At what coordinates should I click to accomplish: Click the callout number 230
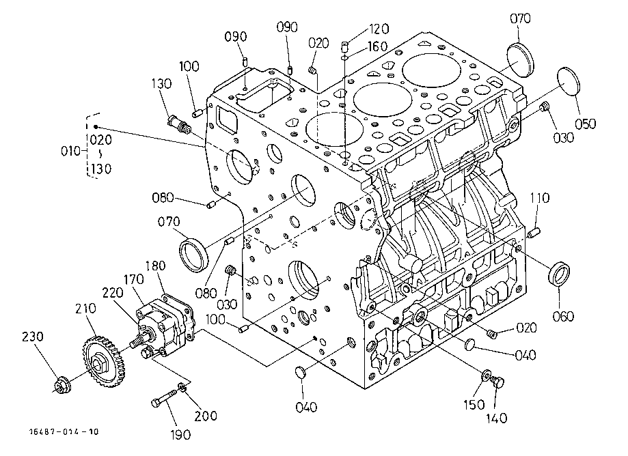pyautogui.click(x=32, y=337)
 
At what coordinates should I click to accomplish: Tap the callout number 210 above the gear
pyautogui.click(x=85, y=309)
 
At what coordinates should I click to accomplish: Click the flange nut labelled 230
pyautogui.click(x=62, y=384)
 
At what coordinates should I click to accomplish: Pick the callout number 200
pyautogui.click(x=206, y=416)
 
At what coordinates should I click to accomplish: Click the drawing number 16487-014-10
pyautogui.click(x=64, y=431)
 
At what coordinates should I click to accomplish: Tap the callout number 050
pyautogui.click(x=585, y=124)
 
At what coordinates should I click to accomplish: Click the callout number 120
pyautogui.click(x=379, y=29)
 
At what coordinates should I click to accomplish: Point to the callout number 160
pyautogui.click(x=377, y=46)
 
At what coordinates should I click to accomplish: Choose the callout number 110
pyautogui.click(x=540, y=198)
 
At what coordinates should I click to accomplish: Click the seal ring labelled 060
pyautogui.click(x=559, y=274)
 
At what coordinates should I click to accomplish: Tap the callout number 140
pyautogui.click(x=497, y=418)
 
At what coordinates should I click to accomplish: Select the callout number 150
pyautogui.click(x=474, y=405)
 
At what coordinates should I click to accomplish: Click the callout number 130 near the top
pyautogui.click(x=161, y=83)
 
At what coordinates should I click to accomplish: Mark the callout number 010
pyautogui.click(x=70, y=151)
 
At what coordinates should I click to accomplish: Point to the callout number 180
pyautogui.click(x=155, y=266)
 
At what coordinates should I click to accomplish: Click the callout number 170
pyautogui.click(x=134, y=279)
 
